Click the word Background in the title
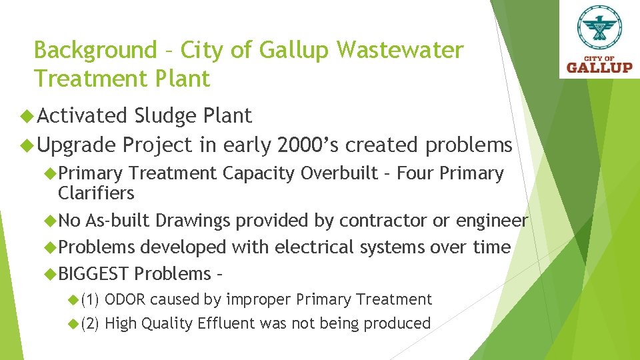click(x=93, y=51)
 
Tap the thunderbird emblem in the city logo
click(x=599, y=28)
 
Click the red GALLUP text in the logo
click(x=599, y=67)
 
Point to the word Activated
click(x=83, y=116)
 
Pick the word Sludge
click(x=164, y=116)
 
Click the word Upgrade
click(x=78, y=145)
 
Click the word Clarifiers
click(x=96, y=193)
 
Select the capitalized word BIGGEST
click(x=93, y=273)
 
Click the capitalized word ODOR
click(x=127, y=299)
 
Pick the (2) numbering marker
click(x=90, y=323)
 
